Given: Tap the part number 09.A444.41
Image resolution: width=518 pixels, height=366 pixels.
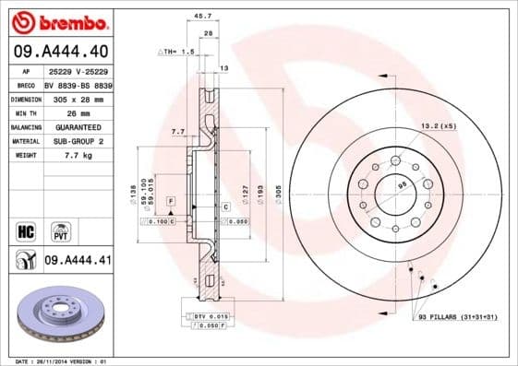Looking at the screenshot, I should tap(78, 261).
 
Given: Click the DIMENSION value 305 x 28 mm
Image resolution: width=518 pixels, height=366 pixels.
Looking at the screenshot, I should tap(77, 98).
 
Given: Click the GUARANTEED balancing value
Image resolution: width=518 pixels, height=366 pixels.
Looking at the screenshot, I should tap(73, 127).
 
